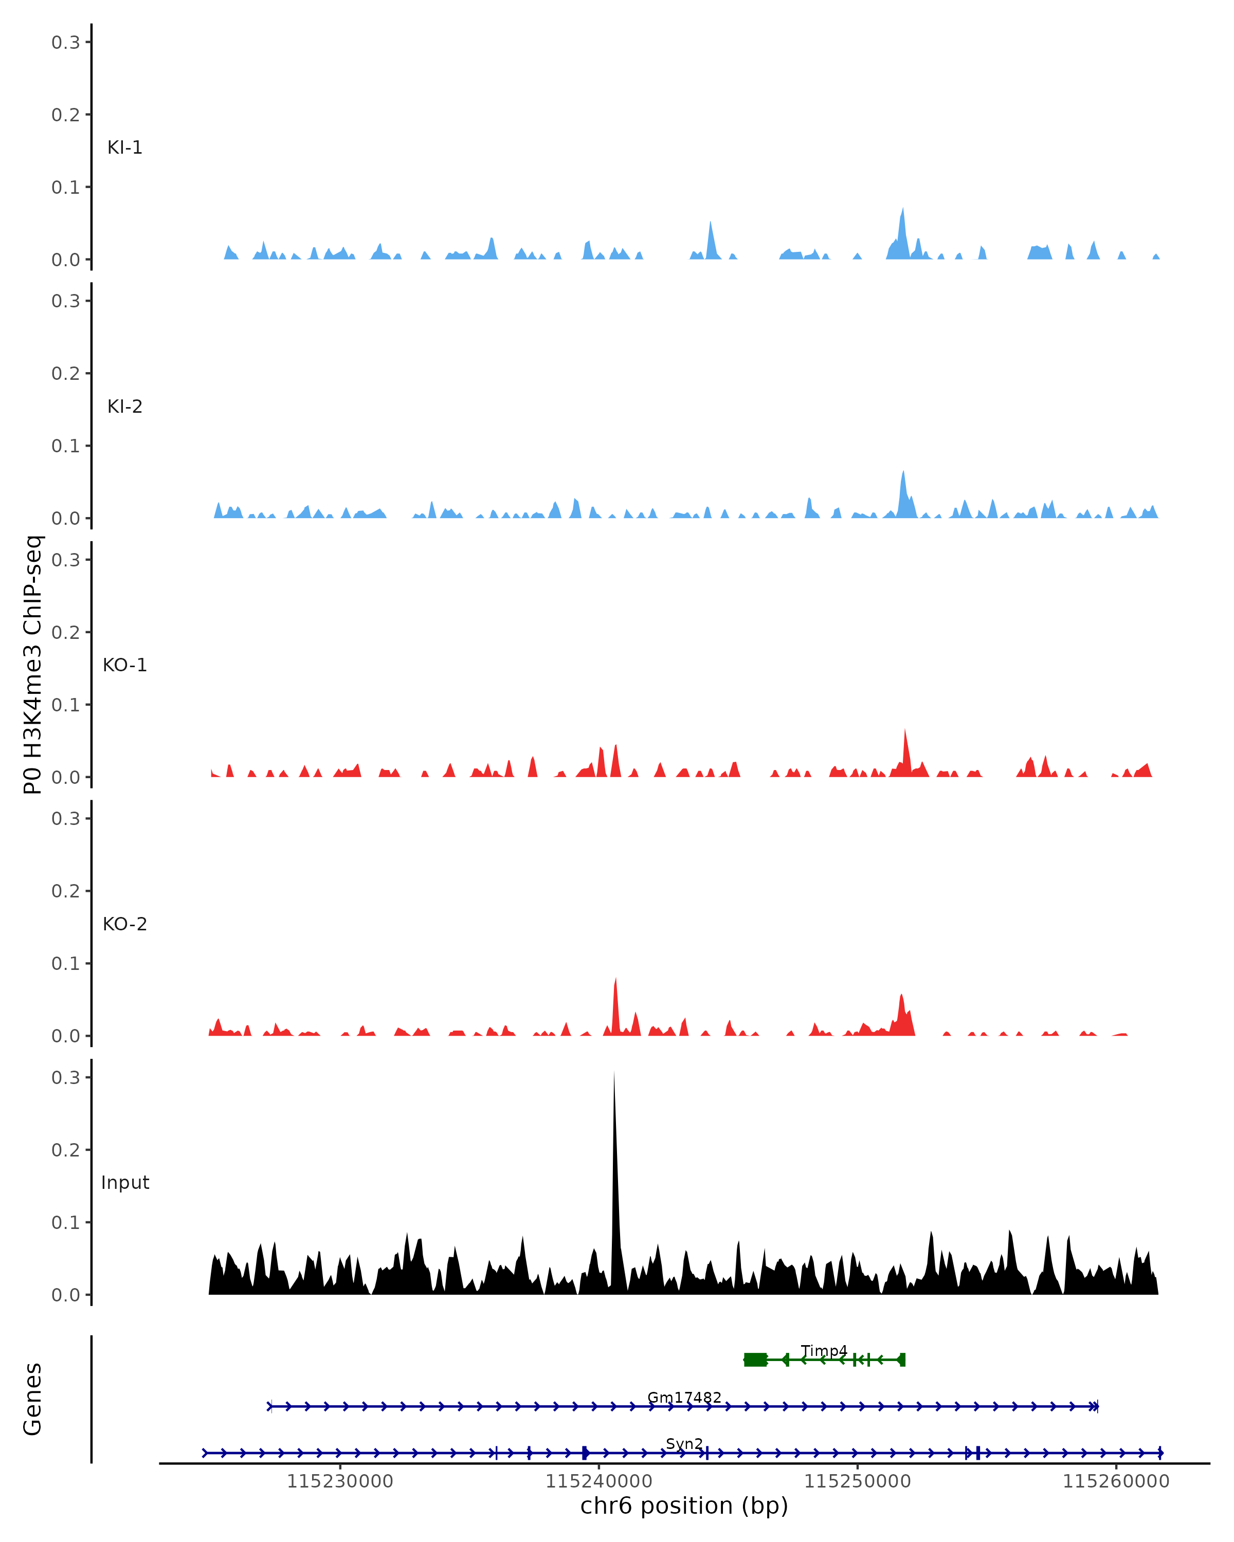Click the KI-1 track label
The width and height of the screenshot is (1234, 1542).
124,148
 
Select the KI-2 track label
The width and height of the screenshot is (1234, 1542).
124,407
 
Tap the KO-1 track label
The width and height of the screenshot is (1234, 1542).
124,665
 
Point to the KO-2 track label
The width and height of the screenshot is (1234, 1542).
124,924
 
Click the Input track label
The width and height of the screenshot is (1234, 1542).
125,1182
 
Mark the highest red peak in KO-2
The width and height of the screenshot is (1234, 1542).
615,980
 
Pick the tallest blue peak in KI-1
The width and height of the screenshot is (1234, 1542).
903,209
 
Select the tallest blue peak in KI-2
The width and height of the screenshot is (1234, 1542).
903,472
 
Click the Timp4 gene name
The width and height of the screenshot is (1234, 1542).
824,1351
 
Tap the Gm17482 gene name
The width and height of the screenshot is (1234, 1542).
684,1398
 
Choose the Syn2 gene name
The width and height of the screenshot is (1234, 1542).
684,1444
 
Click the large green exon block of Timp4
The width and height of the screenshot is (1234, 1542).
755,1360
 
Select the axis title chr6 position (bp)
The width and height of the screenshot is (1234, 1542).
684,1506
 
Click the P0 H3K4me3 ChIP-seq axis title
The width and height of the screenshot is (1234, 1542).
33,665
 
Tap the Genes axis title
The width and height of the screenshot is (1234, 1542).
33,1400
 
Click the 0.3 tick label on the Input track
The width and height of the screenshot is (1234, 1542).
66,1078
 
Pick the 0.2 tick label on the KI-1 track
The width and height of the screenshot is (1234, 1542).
66,115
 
